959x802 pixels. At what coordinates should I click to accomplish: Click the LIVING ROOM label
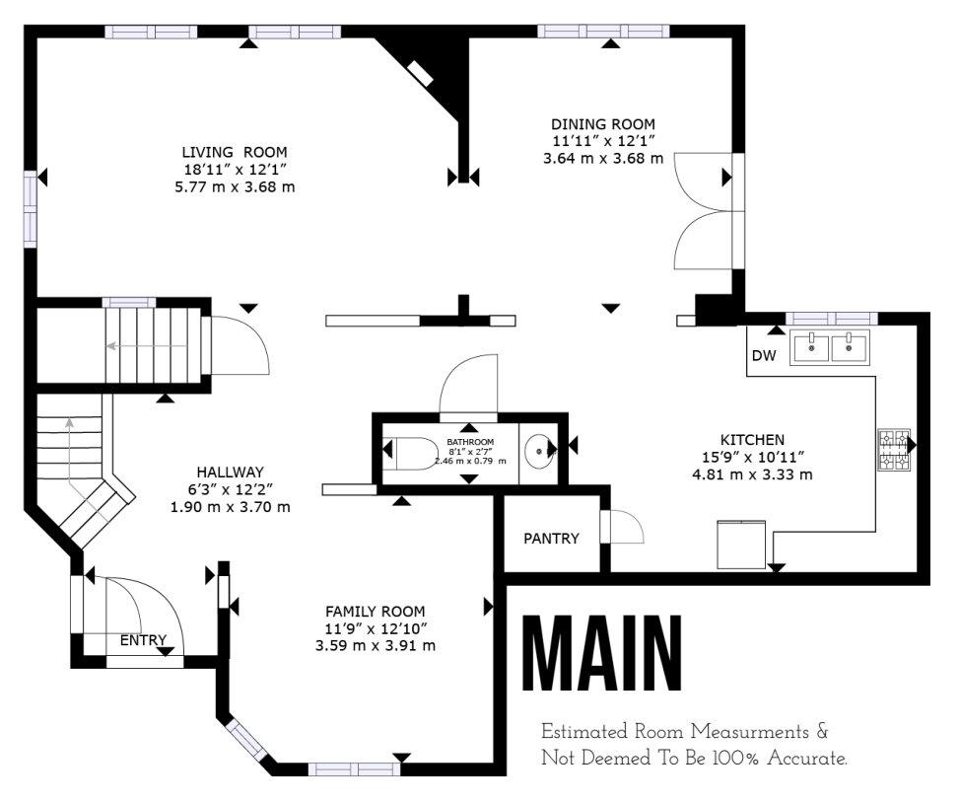click(235, 152)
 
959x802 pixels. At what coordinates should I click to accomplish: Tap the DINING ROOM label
click(603, 124)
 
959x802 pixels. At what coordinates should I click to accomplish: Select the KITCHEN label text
click(752, 440)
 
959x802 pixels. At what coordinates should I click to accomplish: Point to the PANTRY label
click(551, 539)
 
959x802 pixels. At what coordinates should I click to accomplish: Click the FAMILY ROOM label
click(375, 611)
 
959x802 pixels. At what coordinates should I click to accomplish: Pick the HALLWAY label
click(230, 472)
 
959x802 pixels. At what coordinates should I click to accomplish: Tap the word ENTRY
click(143, 640)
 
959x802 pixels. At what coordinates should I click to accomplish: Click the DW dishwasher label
click(763, 356)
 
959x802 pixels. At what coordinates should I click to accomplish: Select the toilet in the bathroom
click(408, 453)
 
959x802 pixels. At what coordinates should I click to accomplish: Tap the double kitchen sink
click(829, 347)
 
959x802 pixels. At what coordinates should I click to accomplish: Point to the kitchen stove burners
click(894, 450)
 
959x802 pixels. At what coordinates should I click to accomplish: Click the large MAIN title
click(602, 653)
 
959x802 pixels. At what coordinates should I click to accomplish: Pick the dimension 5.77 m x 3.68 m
click(235, 186)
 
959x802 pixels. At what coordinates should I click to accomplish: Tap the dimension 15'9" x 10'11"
click(752, 457)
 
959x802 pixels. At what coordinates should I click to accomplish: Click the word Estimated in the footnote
click(584, 732)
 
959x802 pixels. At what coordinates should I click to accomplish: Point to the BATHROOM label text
click(470, 441)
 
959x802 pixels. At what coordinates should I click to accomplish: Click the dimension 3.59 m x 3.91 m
click(376, 645)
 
